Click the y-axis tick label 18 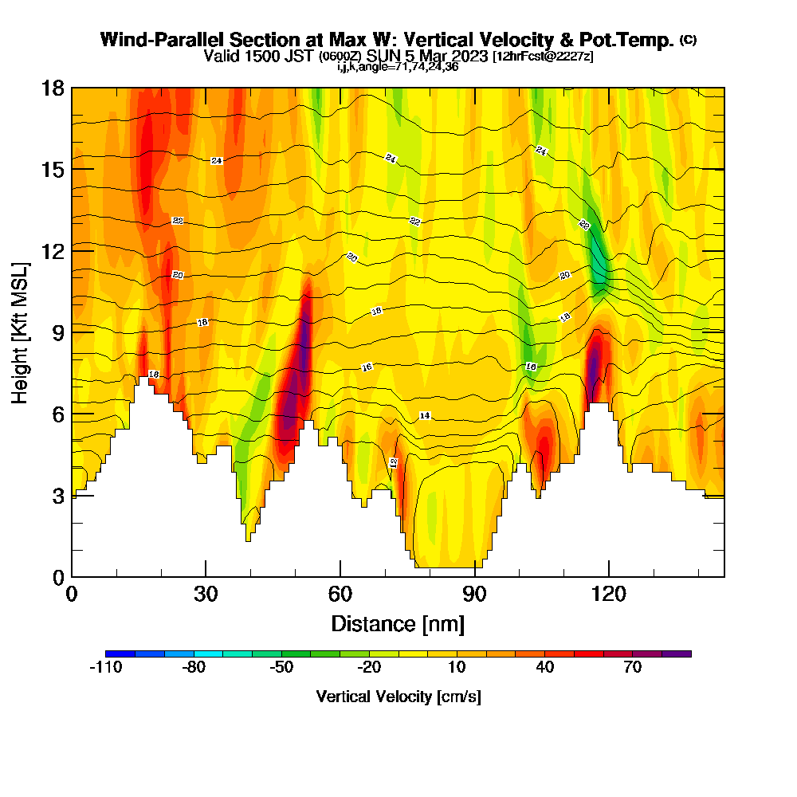point(52,88)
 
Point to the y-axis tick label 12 point(52,250)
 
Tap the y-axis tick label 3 point(57,495)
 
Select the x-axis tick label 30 point(206,594)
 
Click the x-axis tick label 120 point(608,594)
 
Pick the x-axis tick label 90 point(474,594)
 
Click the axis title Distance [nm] point(398,622)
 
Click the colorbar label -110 point(105,668)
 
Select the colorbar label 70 point(633,668)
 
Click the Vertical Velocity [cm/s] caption point(398,697)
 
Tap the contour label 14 point(425,416)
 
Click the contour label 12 point(393,462)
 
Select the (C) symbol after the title point(688,40)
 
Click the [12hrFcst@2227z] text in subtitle point(543,57)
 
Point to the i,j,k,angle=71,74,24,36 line point(398,67)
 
